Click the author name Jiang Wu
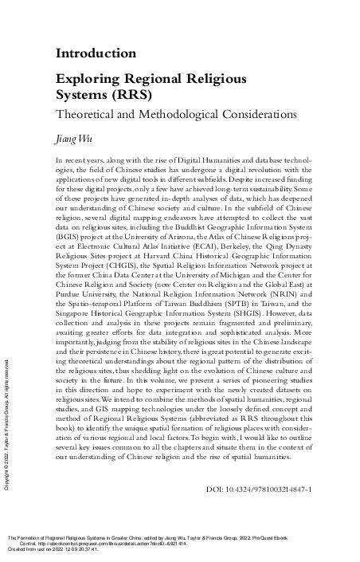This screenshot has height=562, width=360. pyautogui.click(x=70, y=138)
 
